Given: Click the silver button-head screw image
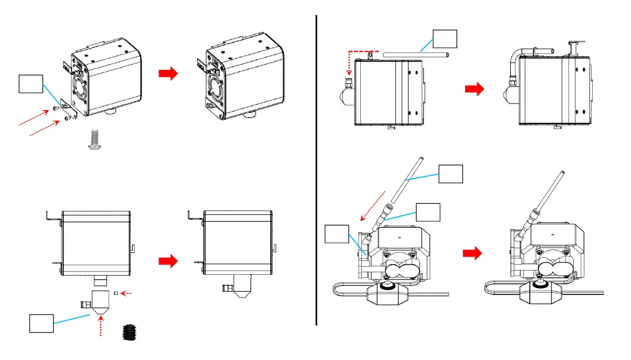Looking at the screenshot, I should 94,140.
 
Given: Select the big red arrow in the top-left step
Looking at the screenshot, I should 167,75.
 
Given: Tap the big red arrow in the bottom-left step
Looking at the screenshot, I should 167,261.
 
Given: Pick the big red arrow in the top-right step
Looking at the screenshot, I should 474,90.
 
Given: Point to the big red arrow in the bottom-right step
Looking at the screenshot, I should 472,254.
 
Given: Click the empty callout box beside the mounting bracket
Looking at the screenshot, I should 31,84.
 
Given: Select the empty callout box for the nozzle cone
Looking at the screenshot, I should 41,323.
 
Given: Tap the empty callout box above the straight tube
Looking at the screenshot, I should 445,39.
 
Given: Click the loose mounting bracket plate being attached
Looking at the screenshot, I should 69,109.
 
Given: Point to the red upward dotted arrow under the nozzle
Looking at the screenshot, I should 101,325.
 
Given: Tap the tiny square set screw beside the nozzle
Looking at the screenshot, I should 116,293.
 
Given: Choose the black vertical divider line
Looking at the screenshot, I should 316,169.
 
